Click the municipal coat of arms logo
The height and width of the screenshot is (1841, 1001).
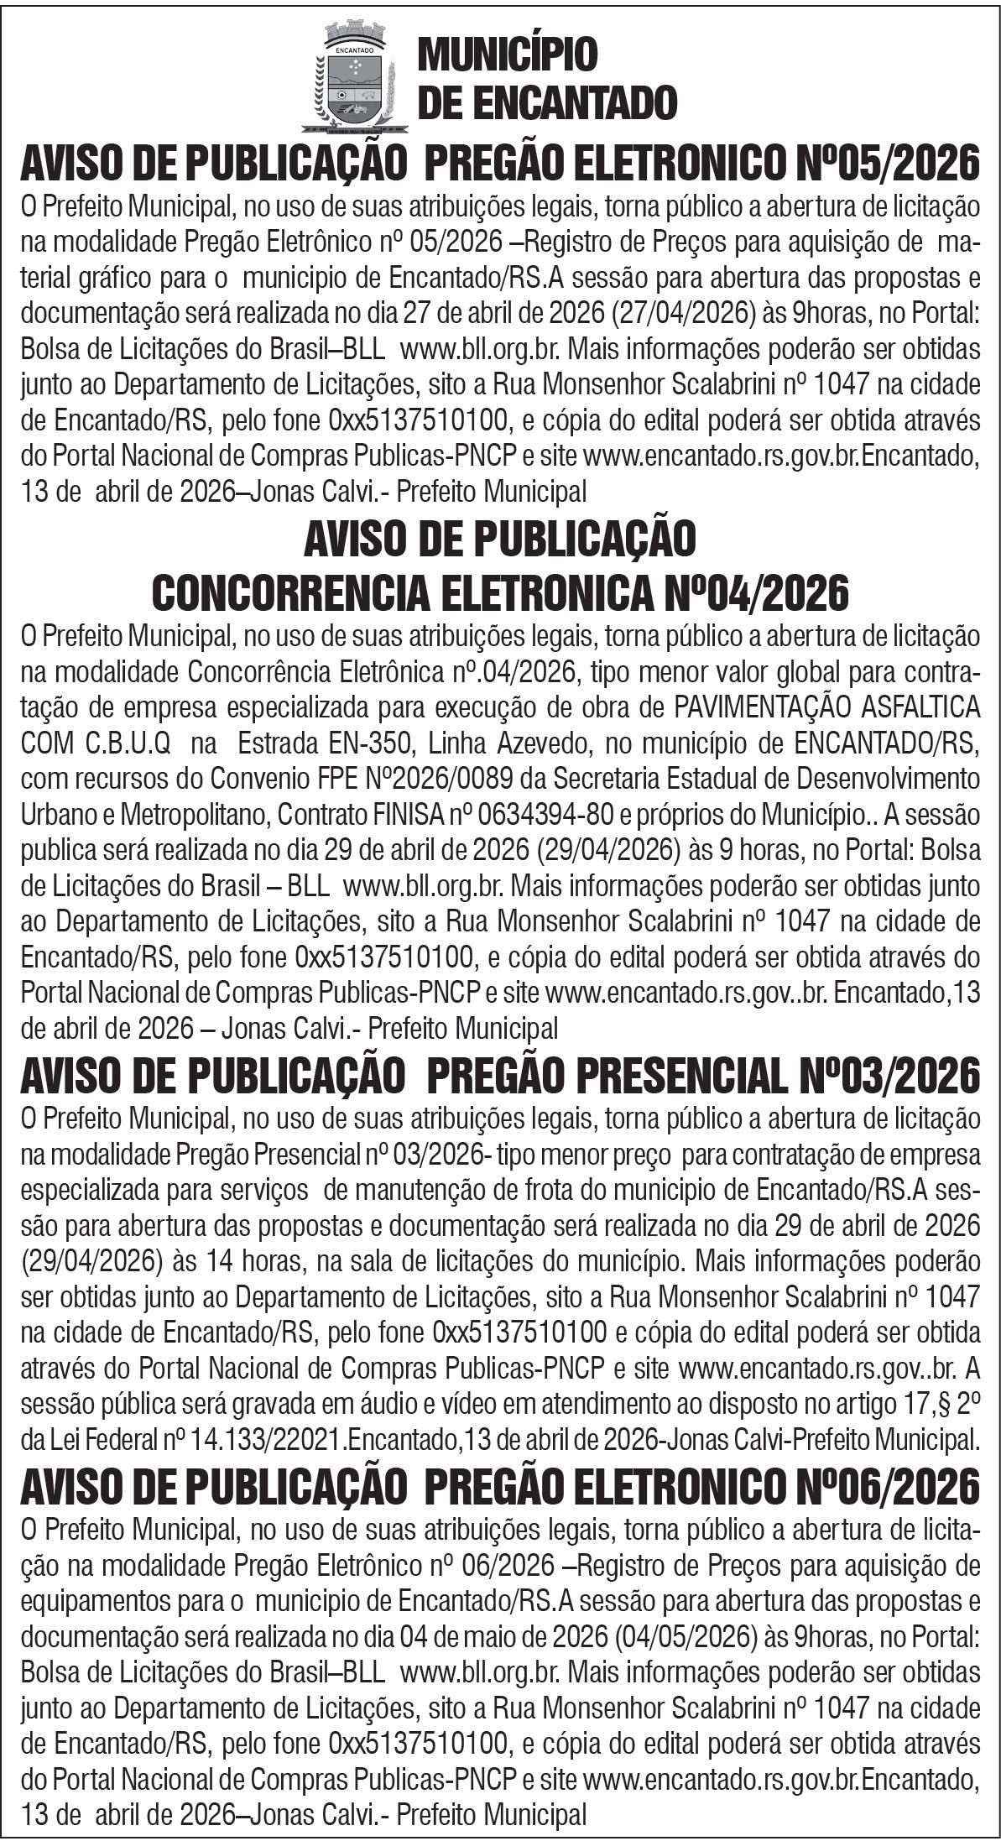coord(354,80)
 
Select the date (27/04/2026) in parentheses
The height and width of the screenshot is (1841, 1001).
coord(685,313)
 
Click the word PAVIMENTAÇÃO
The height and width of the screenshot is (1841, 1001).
coord(776,707)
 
